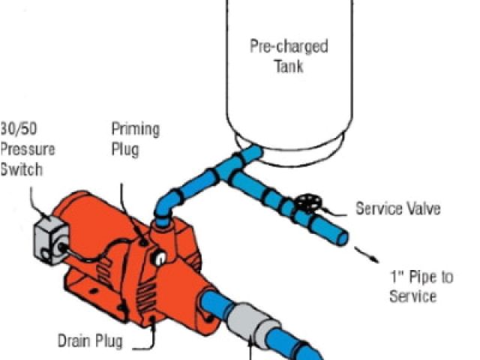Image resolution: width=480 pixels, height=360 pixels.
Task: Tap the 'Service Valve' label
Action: (397, 208)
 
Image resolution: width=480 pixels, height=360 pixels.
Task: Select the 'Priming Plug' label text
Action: (135, 138)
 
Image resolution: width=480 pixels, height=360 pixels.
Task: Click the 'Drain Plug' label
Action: (91, 341)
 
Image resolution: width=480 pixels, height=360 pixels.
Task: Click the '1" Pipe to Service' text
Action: (420, 286)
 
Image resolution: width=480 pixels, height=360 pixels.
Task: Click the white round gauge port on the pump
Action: (160, 258)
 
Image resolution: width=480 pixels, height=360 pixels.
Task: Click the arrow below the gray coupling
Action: (252, 350)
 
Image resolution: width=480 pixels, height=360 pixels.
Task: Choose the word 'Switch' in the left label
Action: (22, 169)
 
